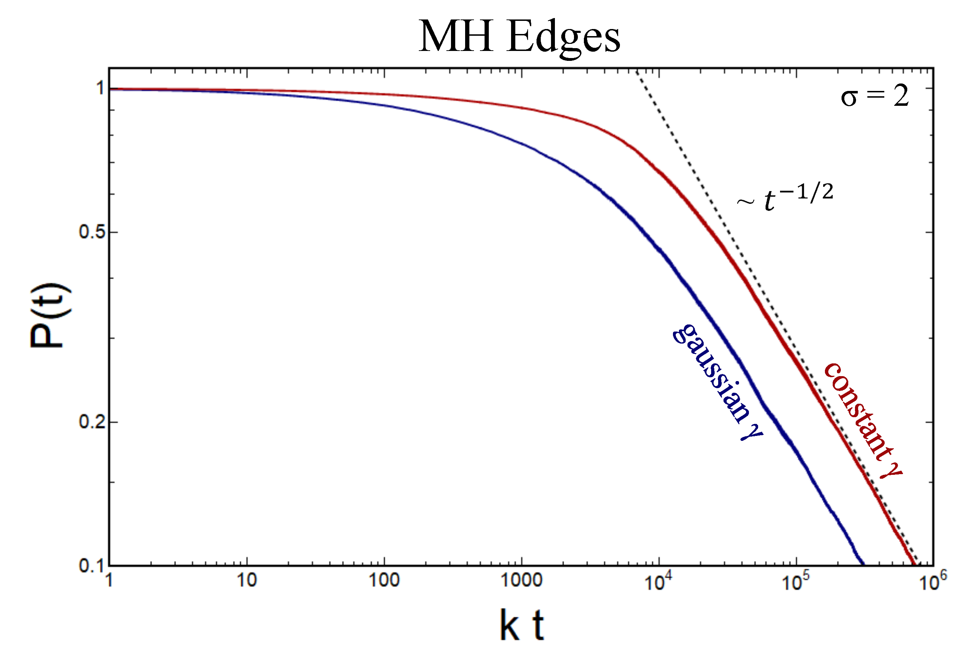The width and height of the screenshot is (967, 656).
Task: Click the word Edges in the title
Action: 563,38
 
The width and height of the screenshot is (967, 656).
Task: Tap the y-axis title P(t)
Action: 49,315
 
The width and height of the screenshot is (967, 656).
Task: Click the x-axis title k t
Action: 521,625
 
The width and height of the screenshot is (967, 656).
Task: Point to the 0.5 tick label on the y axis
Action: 92,232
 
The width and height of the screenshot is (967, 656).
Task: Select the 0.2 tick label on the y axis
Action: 92,422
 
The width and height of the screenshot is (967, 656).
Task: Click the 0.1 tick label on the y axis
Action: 92,566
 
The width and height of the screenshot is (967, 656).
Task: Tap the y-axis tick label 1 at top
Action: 100,88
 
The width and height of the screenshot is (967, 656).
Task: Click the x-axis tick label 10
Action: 247,580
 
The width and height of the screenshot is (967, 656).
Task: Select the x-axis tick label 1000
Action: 521,580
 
